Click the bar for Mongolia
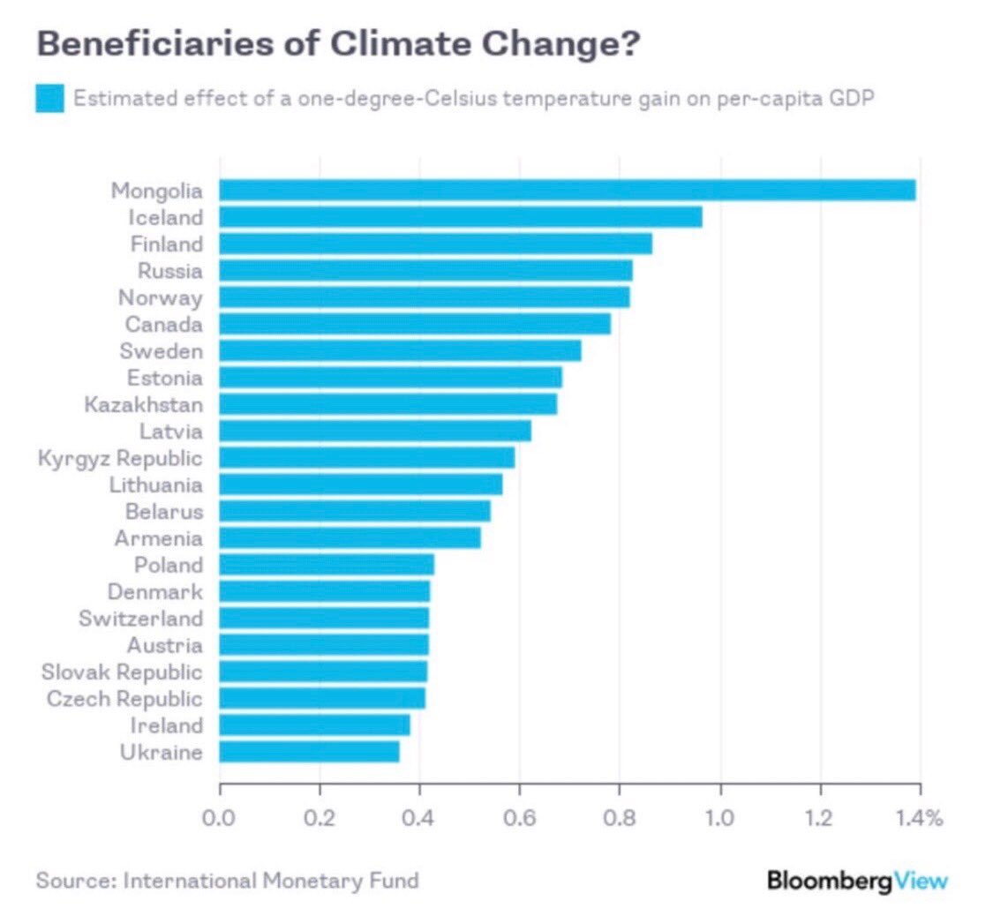point(567,190)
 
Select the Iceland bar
point(460,217)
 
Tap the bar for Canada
point(414,324)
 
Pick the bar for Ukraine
point(309,752)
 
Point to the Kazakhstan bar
point(387,404)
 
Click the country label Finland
point(166,244)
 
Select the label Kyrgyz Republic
point(120,458)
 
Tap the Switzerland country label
point(140,618)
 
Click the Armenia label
point(158,538)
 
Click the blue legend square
point(49,98)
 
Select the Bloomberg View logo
point(857,880)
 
